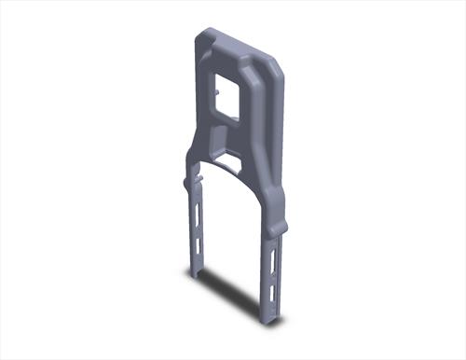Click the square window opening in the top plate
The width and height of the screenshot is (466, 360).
(x=227, y=96)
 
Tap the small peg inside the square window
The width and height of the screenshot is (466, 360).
(x=218, y=92)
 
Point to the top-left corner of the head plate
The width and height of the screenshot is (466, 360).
(x=199, y=35)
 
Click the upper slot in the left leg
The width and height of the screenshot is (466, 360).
(x=198, y=210)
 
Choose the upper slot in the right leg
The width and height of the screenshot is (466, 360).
(x=272, y=260)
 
